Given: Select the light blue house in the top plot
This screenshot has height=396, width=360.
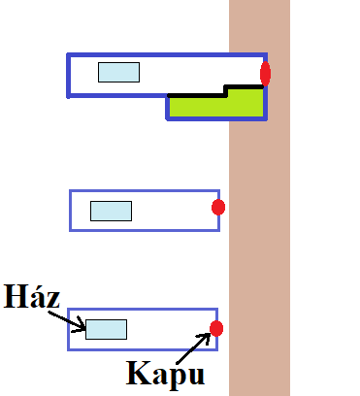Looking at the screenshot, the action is (118, 72).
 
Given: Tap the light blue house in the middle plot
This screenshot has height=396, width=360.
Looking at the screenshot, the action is (111, 211).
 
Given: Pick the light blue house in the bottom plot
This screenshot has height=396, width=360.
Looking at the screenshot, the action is (106, 329).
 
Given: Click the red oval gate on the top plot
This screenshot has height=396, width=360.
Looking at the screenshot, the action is (265, 74).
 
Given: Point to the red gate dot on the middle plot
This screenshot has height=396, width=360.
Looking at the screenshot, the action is (218, 207).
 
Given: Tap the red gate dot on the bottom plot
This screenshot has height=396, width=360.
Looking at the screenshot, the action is (216, 328).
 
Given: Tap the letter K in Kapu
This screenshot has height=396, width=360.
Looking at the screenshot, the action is (135, 373).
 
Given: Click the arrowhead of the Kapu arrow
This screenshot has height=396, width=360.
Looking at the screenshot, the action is (209, 335).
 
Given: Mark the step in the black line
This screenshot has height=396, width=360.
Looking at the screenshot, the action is (225, 90).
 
